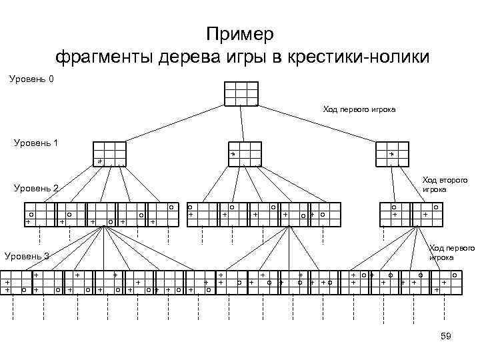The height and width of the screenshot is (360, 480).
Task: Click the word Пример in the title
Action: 240,34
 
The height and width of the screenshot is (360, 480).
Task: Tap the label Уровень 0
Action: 32,80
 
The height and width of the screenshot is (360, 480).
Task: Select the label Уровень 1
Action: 36,142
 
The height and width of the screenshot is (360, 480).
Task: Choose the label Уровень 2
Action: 36,189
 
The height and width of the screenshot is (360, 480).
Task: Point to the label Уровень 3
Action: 27,256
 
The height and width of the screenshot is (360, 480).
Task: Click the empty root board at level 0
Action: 241,93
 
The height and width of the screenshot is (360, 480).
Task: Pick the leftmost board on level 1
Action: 109,154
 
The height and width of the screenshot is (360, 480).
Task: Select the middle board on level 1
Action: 245,154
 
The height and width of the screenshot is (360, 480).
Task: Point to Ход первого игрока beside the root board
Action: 359,109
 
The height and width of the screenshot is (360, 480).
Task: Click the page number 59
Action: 446,336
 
